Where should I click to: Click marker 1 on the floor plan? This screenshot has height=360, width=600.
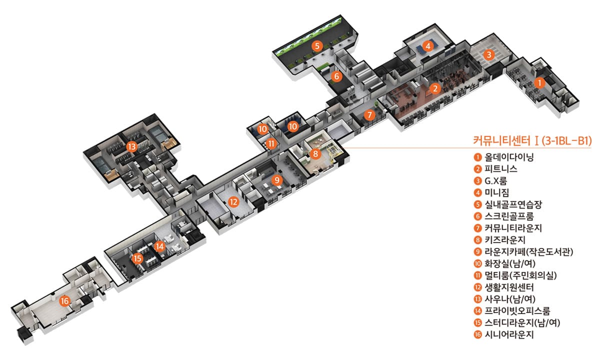pyautogui.click(x=538, y=83)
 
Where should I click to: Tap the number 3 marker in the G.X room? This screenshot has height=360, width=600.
pyautogui.click(x=489, y=54)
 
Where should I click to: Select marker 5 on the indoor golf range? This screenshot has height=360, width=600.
pyautogui.click(x=317, y=46)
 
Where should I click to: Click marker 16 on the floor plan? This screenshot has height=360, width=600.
pyautogui.click(x=64, y=301)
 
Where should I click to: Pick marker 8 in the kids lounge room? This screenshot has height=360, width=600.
pyautogui.click(x=315, y=154)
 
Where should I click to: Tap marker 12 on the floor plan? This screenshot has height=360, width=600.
pyautogui.click(x=233, y=202)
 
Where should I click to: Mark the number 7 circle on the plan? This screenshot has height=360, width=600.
pyautogui.click(x=369, y=115)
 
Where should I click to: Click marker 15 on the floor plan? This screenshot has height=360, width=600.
pyautogui.click(x=137, y=258)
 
